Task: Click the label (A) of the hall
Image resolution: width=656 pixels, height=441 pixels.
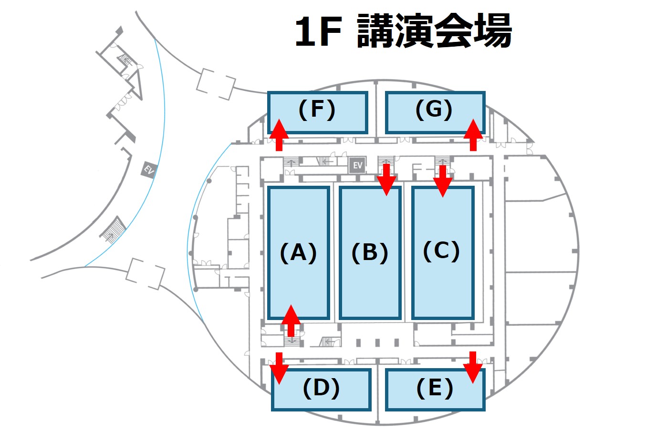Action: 299,252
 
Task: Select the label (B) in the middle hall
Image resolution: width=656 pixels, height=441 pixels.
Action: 370,252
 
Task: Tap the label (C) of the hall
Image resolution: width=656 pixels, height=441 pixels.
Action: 442,251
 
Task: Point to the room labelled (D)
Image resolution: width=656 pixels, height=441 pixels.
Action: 321,389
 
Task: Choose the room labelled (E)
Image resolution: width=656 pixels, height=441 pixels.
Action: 435,389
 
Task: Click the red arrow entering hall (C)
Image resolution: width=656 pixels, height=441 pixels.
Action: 443,180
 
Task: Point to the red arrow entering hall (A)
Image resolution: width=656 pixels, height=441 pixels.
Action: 291,320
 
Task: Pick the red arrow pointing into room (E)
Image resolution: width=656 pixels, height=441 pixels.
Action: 473,367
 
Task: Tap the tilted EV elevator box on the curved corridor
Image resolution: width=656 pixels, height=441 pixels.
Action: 149,170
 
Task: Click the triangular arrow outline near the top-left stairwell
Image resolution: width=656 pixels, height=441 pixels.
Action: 136,84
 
